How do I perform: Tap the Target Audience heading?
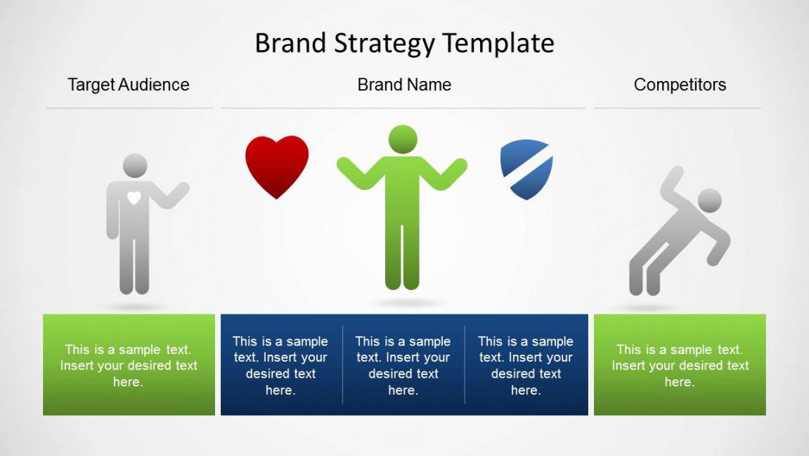pyautogui.click(x=129, y=85)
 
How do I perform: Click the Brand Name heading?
pyautogui.click(x=405, y=84)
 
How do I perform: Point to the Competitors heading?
pyautogui.click(x=680, y=85)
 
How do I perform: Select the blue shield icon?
pyautogui.click(x=526, y=169)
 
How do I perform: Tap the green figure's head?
pyautogui.click(x=403, y=139)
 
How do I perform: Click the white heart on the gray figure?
pyautogui.click(x=134, y=198)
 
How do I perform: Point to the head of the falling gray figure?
pyautogui.click(x=709, y=201)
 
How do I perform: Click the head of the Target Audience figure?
pyautogui.click(x=135, y=166)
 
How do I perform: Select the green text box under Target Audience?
pyautogui.click(x=129, y=365)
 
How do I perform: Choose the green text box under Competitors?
pyautogui.click(x=680, y=365)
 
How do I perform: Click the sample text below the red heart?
pyautogui.click(x=280, y=365)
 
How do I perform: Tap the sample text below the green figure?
pyautogui.click(x=403, y=365)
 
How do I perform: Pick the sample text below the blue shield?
pyautogui.click(x=526, y=365)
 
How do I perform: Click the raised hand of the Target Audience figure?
pyautogui.click(x=181, y=189)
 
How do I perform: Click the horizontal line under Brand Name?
pyautogui.click(x=403, y=108)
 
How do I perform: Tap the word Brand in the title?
pyautogui.click(x=290, y=43)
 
